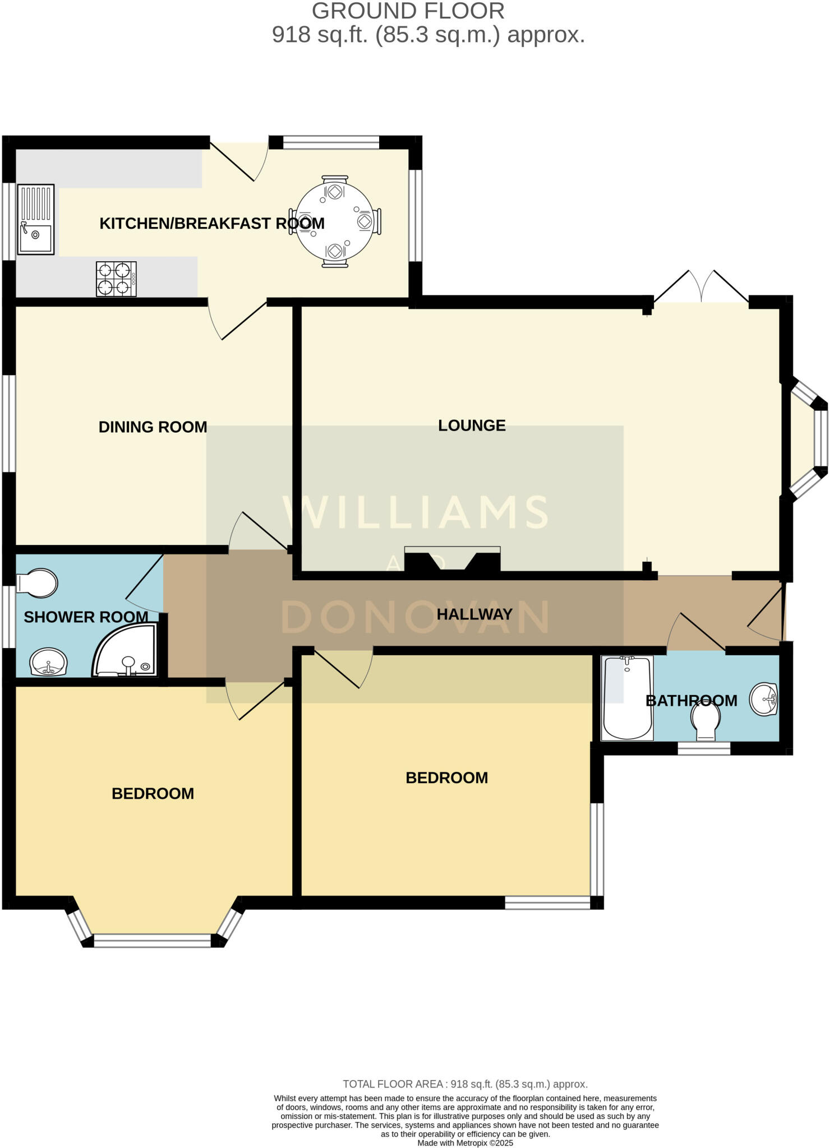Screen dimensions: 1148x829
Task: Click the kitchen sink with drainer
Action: (36, 220)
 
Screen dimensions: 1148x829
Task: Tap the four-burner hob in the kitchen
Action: (116, 279)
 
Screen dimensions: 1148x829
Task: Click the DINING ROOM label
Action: (153, 427)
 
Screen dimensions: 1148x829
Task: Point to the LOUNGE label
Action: (472, 425)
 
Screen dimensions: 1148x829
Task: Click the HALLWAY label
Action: (475, 614)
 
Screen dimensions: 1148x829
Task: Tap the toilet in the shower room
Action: (37, 584)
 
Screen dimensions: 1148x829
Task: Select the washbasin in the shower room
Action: (49, 663)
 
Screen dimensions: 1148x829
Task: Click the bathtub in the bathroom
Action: (627, 698)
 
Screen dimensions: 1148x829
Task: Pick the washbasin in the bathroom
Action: (764, 699)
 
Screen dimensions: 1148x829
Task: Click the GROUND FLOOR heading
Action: (408, 11)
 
